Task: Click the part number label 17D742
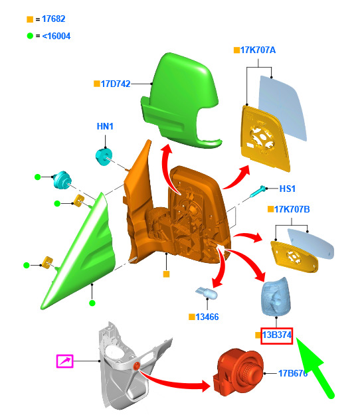116,84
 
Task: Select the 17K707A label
258,50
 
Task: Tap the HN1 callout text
105,126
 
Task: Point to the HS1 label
288,189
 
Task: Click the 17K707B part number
292,209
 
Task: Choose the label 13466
207,317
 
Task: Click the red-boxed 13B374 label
277,336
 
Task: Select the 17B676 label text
293,373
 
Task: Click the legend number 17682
54,19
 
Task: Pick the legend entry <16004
56,36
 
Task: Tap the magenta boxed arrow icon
64,361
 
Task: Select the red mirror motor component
238,372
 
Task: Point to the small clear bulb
207,293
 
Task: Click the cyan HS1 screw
258,191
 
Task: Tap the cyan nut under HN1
104,157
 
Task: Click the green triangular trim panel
80,252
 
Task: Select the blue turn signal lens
276,297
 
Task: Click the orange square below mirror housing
166,274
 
